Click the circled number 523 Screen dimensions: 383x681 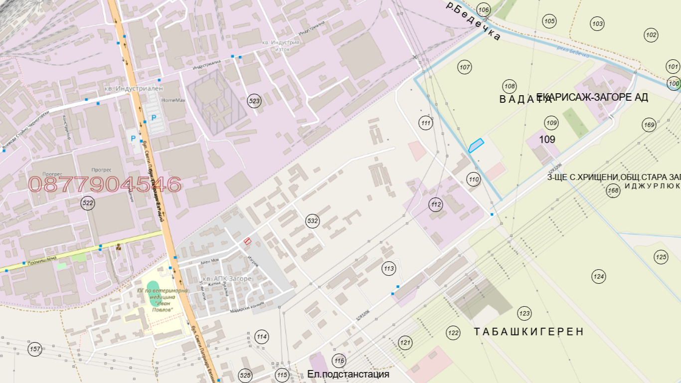pos(254,101)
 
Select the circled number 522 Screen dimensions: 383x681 pos(88,203)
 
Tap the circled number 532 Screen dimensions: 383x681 pos(313,221)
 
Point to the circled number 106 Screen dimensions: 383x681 pos(483,10)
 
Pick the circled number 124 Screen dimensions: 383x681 pos(598,276)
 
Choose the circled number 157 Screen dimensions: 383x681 pos(35,349)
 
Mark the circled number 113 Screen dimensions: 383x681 pos(389,269)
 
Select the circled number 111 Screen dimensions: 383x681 pos(425,123)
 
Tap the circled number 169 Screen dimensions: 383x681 pos(649,125)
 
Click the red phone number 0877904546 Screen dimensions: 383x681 pos(104,185)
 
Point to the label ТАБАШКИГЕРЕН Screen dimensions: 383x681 pos(528,332)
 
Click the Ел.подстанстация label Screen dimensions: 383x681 pos(348,374)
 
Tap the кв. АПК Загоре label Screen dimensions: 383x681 pos(226,278)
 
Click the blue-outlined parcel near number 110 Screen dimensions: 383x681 pos(476,145)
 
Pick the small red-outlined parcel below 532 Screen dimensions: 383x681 pos(247,241)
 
